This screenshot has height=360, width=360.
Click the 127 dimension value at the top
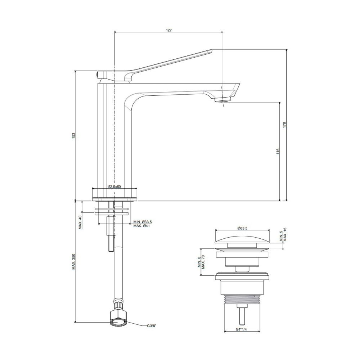click(169, 30)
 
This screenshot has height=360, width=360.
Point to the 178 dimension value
click(284, 125)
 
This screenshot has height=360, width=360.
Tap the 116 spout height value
click(278, 151)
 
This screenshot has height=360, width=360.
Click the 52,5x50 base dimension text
click(114, 187)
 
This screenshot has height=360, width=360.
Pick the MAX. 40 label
click(80, 222)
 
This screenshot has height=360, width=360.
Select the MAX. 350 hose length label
click(73, 261)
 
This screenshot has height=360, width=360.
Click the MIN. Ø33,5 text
click(143, 222)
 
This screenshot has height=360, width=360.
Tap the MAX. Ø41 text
click(141, 226)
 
